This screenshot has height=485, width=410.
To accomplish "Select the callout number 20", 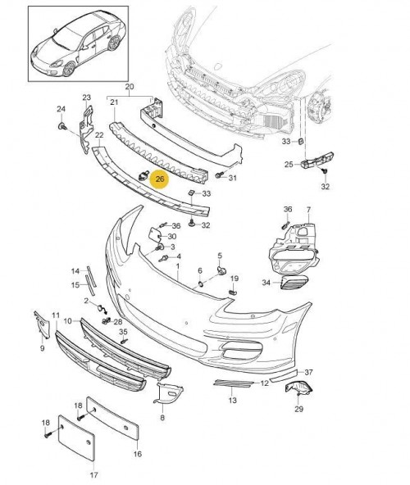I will pos(129,86).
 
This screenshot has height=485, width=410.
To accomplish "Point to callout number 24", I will pos(61,109).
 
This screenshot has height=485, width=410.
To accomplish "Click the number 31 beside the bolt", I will pos(233,179).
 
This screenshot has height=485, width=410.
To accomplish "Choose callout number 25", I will pos(289,165).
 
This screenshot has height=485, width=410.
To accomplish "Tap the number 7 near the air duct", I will pos(308,211).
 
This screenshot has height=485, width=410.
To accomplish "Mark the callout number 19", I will pos(234,279).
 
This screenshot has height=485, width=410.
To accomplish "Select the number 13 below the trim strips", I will pos(233,401).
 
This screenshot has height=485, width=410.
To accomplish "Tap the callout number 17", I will pos(93,474).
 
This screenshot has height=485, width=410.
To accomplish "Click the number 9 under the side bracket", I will pos(43,349).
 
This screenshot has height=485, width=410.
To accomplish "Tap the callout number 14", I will pos(75,270).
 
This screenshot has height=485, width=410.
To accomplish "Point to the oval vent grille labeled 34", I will pos(292,283).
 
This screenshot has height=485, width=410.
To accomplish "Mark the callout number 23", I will pos(86,98).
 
